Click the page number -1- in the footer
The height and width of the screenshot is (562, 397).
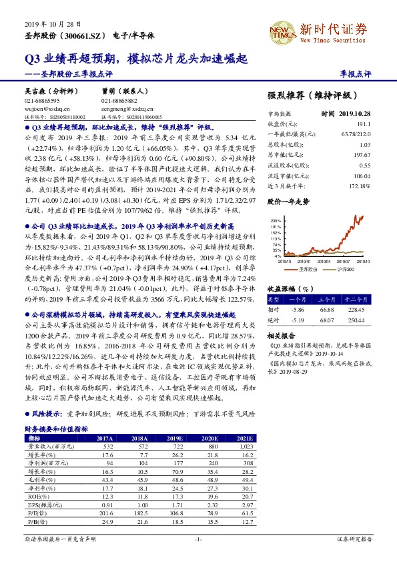pos(198,538)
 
